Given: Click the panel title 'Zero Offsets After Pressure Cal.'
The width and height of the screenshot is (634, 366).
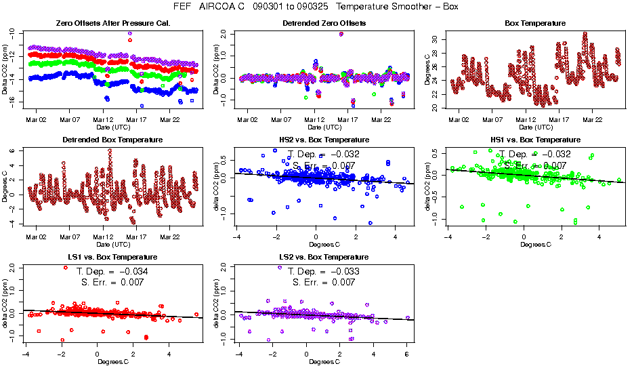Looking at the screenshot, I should [112, 23].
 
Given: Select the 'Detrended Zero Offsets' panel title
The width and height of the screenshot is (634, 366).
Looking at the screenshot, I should [324, 23].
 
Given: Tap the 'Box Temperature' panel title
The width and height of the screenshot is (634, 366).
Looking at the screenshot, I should [535, 23].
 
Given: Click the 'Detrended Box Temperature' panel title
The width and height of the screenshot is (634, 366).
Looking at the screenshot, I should [112, 140].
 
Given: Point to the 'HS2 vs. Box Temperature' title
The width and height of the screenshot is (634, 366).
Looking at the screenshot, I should [324, 140].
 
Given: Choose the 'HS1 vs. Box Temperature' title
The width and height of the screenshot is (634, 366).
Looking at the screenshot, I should [535, 140].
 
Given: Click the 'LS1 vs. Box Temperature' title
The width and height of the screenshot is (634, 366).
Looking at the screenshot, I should [112, 258].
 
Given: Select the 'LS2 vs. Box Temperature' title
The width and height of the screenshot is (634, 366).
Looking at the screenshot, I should [324, 258].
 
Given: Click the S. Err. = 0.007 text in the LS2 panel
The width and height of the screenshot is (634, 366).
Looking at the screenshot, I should [324, 282].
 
